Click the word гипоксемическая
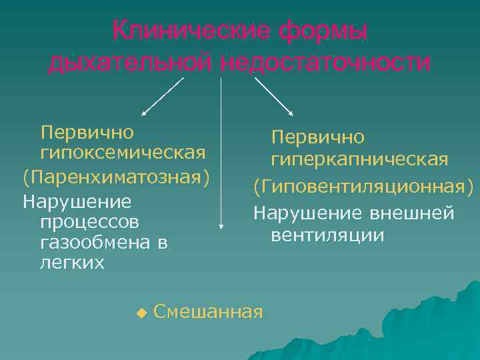coord(123,153)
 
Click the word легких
coord(73,263)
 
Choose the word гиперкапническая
coord(359,160)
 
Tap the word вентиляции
coord(327,235)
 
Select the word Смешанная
coord(208,311)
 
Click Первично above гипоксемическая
coord(87,132)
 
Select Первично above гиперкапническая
coord(317,137)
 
